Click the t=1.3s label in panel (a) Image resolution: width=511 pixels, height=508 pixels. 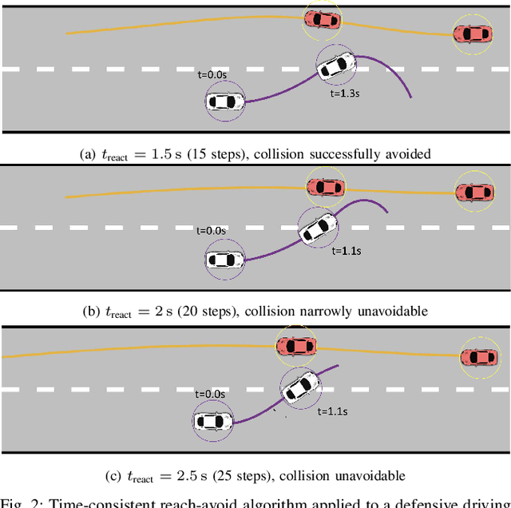344,93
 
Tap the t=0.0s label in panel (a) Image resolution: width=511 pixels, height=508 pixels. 212,75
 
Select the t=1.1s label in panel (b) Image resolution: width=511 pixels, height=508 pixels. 346,251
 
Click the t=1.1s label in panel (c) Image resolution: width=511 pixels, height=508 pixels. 332,412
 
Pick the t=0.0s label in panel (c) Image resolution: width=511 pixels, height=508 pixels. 210,394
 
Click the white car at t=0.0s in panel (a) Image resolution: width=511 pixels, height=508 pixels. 225,101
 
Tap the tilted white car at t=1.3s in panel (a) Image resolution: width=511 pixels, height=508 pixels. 335,63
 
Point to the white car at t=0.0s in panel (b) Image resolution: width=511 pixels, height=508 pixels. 224,259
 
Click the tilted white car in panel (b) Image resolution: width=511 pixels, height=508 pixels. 317,226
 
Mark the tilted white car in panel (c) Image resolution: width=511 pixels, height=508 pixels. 300,387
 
